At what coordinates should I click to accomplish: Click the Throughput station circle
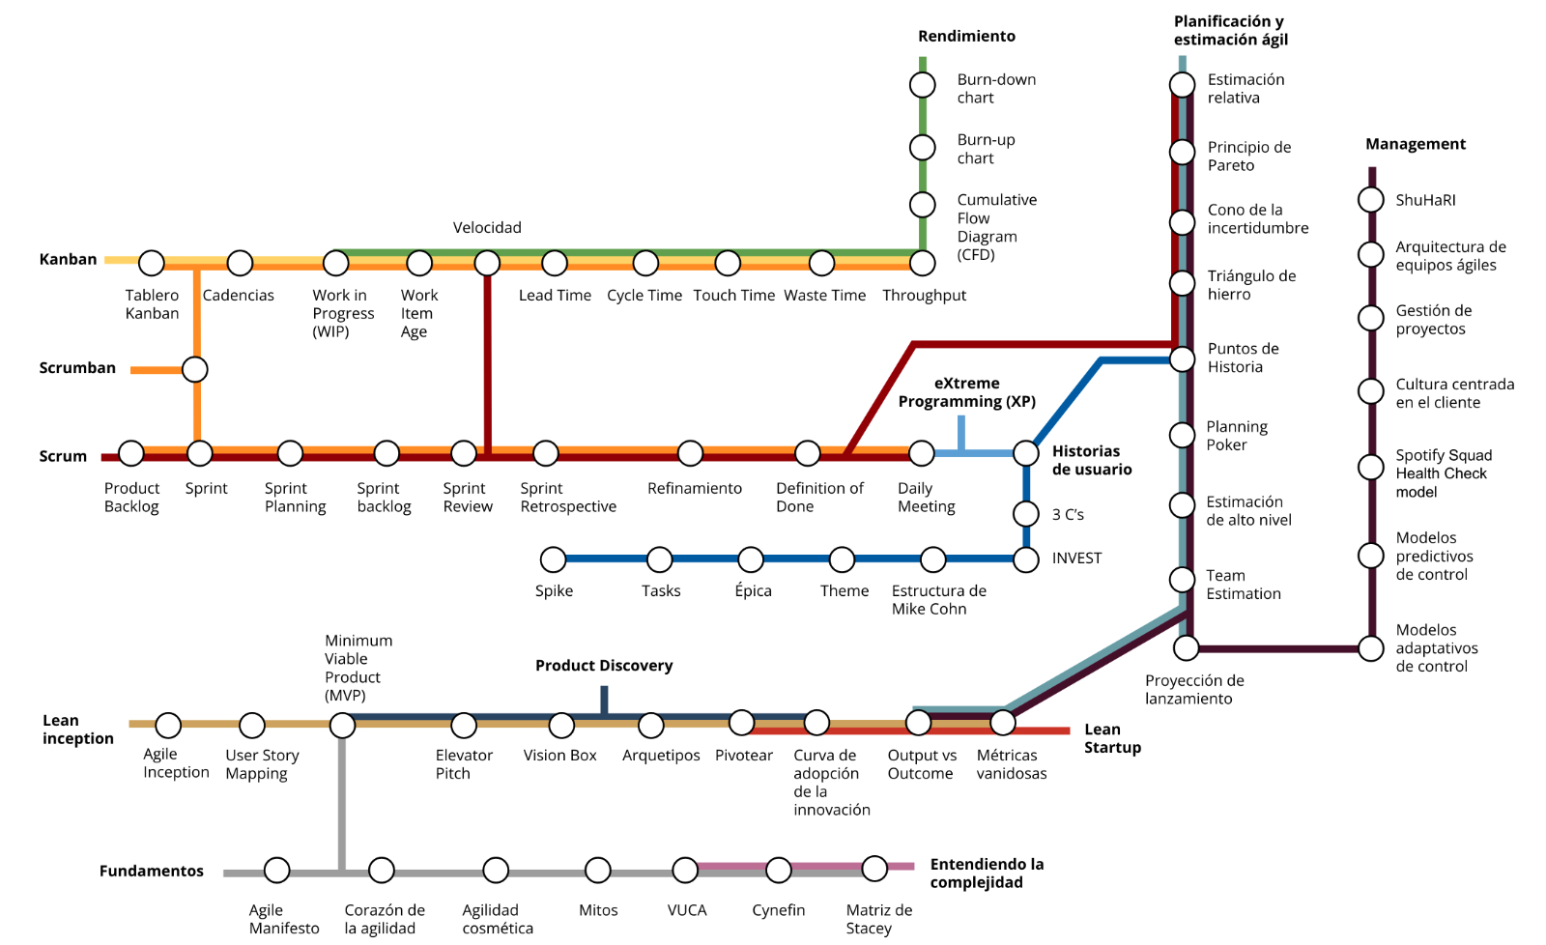(922, 263)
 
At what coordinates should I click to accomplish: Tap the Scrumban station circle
(195, 369)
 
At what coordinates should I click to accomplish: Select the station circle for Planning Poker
(1183, 435)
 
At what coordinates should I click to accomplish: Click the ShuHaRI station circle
(1371, 200)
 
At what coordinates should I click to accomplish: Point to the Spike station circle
(553, 559)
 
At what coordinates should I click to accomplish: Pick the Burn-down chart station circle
(922, 85)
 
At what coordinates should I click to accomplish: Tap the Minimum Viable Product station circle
(342, 726)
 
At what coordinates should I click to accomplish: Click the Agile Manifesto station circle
(276, 871)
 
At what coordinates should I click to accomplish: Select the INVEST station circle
(1026, 559)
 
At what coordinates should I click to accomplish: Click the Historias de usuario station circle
(1026, 453)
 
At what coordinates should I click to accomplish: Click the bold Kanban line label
(68, 260)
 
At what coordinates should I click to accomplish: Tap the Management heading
(1416, 144)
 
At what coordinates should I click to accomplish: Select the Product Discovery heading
(604, 666)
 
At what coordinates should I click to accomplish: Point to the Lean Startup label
(1112, 738)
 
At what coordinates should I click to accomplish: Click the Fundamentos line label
(151, 872)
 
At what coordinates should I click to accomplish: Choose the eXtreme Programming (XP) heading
(967, 392)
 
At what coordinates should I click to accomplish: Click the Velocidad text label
(487, 228)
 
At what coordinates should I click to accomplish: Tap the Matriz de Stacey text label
(879, 920)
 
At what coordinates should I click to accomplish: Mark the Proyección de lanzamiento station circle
(1187, 648)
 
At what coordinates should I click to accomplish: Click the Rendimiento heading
(966, 36)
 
